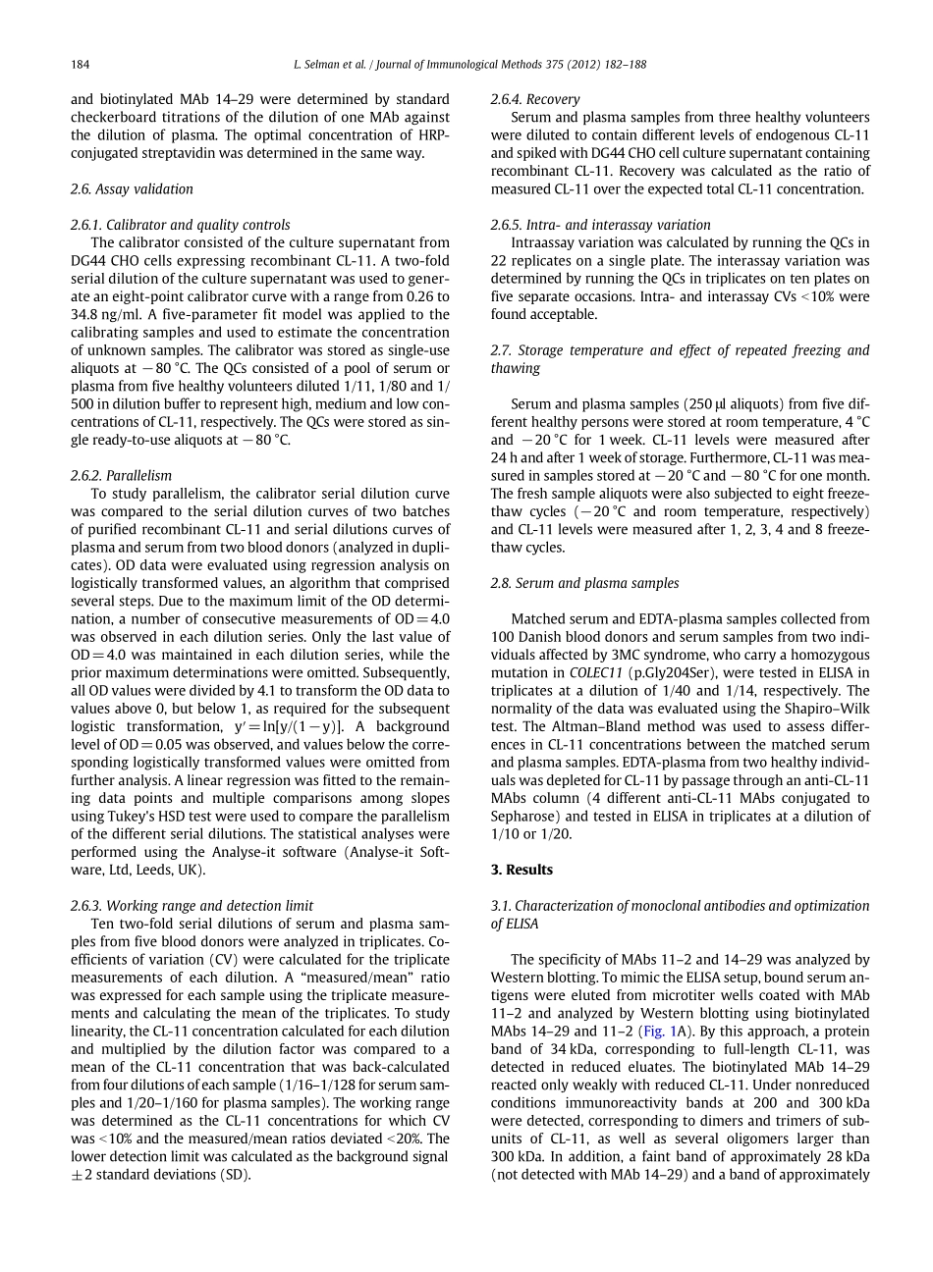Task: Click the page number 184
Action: coord(81,65)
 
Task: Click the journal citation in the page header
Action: coord(469,65)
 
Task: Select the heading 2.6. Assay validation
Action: coord(132,189)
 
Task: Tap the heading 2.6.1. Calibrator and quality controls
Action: coord(181,225)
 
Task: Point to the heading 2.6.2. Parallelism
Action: coord(121,476)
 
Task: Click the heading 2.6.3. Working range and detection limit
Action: coord(192,906)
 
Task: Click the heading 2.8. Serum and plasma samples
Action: coord(584,583)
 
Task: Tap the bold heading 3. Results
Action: coord(521,870)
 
